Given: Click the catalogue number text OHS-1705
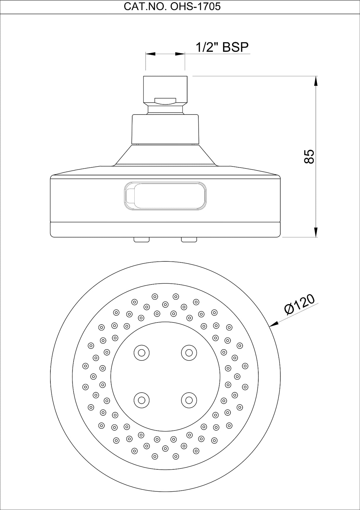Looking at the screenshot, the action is click(x=195, y=7).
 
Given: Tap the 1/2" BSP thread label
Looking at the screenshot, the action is click(x=222, y=47).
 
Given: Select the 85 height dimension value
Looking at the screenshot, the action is click(x=309, y=156).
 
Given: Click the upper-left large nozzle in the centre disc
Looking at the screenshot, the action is click(x=141, y=353).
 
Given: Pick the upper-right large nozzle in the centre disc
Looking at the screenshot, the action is click(x=189, y=353).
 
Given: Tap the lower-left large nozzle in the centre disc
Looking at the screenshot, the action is click(x=141, y=400).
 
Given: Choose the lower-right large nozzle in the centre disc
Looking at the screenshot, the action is click(x=189, y=400).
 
